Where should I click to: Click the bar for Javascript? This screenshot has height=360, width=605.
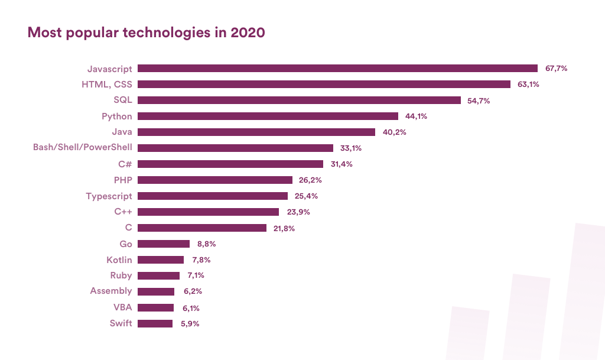click(337, 69)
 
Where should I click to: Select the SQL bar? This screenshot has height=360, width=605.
click(299, 100)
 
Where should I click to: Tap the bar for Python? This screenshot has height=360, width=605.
click(268, 116)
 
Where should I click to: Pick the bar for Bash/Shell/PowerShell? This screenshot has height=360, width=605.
click(235, 148)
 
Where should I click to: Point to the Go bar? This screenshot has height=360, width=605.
click(164, 244)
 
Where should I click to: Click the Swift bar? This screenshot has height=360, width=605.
click(155, 323)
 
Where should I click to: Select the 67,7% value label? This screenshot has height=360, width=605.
click(556, 69)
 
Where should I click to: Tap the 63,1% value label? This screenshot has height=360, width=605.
click(528, 85)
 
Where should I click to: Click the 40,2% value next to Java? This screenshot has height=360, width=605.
click(394, 132)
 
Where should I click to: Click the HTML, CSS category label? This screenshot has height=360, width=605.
click(107, 85)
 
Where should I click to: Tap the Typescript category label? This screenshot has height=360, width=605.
click(109, 196)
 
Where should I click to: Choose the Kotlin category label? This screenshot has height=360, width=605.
click(119, 260)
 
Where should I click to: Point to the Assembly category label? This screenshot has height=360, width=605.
click(111, 291)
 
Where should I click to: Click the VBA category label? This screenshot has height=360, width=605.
click(123, 307)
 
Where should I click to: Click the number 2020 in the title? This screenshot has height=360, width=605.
click(248, 33)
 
